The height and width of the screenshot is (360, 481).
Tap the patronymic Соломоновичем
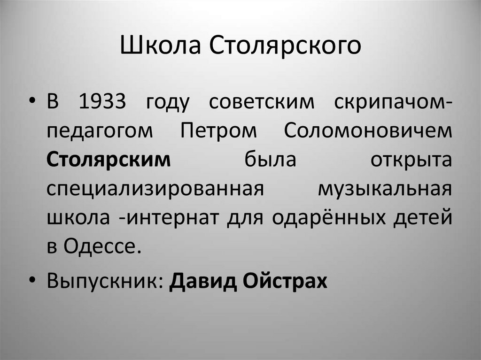pos(368,132)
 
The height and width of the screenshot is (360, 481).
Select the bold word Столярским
pos(109,159)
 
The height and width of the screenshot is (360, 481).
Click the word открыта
pos(411,159)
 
